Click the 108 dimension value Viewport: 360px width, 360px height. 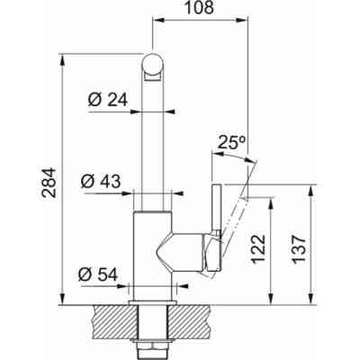tap(199, 8)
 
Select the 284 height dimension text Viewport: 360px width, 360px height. tap(49, 183)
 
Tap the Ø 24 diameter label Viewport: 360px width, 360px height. tap(108, 100)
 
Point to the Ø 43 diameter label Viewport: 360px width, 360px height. tap(101, 181)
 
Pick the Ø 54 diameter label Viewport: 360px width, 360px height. tap(98, 274)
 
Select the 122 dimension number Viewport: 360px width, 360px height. tap(258, 249)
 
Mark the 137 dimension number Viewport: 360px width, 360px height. tap(299, 249)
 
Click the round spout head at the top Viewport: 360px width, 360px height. tap(153, 64)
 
